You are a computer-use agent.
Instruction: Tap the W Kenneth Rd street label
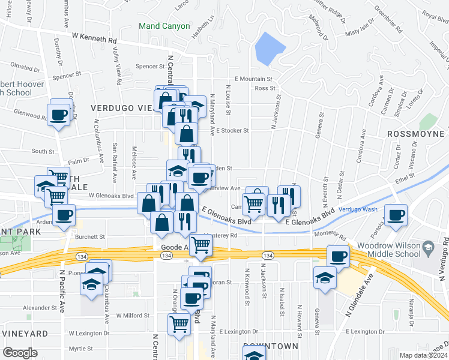[x=94, y=38]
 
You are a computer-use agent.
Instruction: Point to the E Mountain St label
[x=253, y=79]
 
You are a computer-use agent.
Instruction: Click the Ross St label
[x=264, y=88]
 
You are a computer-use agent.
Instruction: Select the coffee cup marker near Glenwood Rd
[x=59, y=114]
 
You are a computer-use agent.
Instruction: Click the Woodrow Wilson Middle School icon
[x=429, y=247]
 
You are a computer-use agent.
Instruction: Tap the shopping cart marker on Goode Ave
[x=201, y=245]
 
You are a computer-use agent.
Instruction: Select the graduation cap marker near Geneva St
[x=325, y=277]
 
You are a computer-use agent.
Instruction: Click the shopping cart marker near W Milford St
[x=179, y=324]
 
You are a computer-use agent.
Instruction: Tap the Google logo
[x=20, y=353]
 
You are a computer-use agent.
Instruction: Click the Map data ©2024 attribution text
[x=423, y=355]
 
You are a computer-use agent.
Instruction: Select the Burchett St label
[x=90, y=237]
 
